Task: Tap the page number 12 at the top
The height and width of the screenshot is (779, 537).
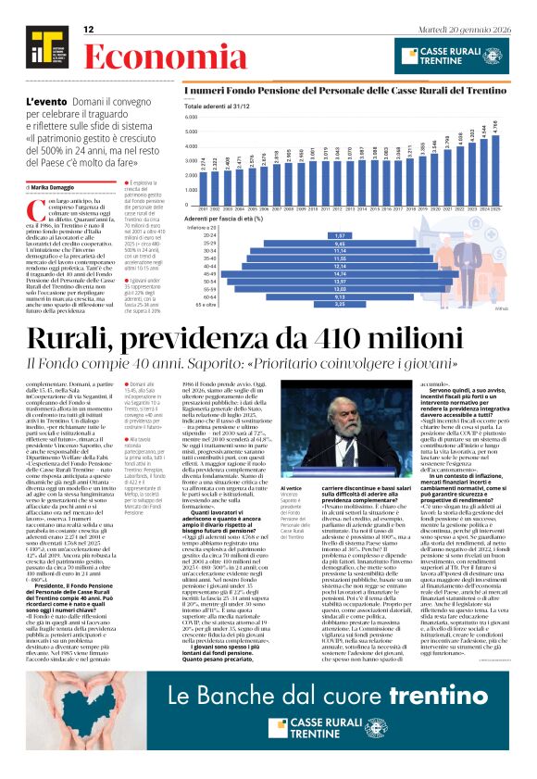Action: (x=89, y=30)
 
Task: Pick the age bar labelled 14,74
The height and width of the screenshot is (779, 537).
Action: (x=340, y=274)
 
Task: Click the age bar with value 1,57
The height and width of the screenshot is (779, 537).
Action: (x=340, y=234)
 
